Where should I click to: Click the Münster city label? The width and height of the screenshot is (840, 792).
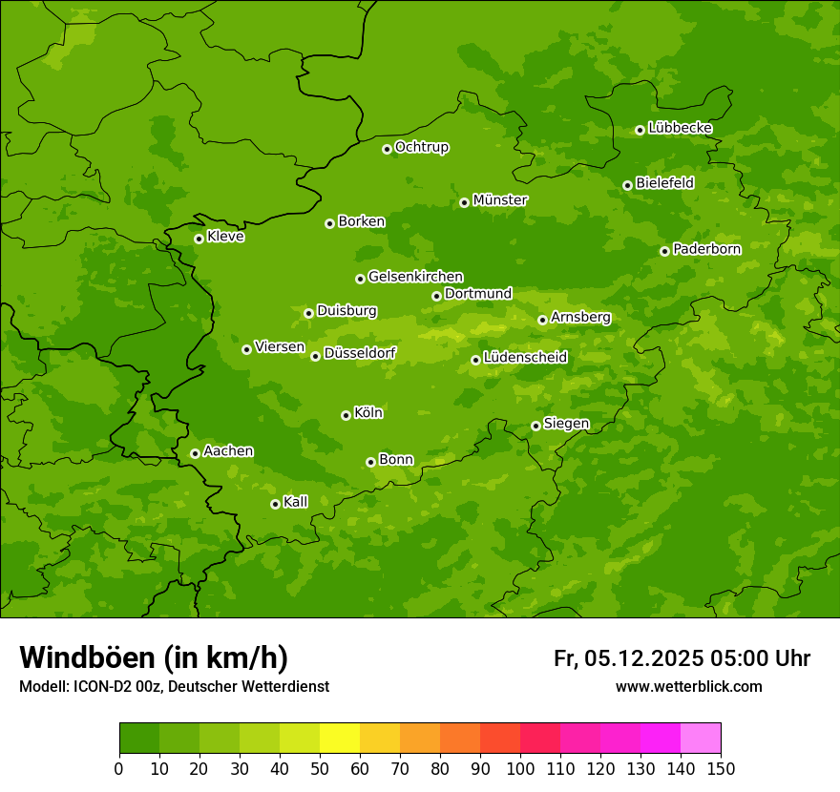click(499, 200)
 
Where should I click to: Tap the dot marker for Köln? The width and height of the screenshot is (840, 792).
click(346, 415)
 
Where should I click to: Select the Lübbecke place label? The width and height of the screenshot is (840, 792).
click(680, 128)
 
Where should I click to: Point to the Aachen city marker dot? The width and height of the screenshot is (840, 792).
click(195, 453)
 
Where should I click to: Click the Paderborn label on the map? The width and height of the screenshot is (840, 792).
click(706, 249)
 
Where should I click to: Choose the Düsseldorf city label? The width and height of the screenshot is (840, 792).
click(359, 353)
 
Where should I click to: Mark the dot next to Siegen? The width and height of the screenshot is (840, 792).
click(535, 426)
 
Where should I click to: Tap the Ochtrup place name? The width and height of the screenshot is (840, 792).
click(421, 147)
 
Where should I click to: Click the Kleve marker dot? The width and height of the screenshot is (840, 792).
click(199, 239)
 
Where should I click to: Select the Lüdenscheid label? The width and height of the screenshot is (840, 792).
click(525, 358)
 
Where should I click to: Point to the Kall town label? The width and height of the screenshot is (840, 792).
click(295, 502)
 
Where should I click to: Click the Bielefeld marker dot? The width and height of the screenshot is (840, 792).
click(627, 185)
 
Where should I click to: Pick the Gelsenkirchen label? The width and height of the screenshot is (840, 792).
click(415, 277)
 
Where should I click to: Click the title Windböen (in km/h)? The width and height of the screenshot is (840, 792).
click(154, 657)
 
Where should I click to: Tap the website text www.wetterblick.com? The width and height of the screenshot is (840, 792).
click(688, 686)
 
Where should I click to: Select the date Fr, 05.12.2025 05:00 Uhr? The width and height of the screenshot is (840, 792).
click(682, 658)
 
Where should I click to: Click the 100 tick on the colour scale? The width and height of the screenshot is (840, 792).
click(520, 767)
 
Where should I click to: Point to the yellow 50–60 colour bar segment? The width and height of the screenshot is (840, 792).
click(340, 739)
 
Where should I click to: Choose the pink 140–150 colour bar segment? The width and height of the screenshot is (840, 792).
click(701, 739)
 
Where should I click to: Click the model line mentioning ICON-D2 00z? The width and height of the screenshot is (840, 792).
click(174, 686)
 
